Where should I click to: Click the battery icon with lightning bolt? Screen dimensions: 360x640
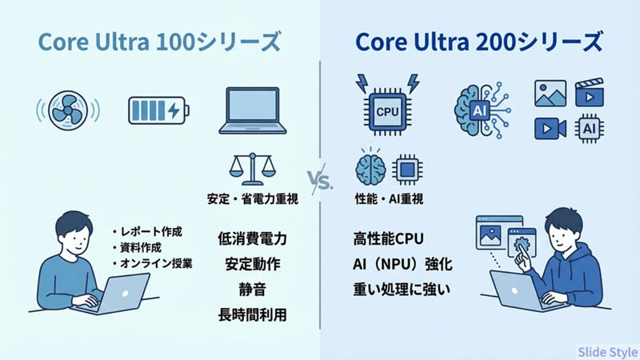(x=158, y=110)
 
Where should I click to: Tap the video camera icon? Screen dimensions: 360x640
(x=549, y=128)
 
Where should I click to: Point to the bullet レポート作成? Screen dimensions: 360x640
(x=147, y=232)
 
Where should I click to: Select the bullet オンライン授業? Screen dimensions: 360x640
(x=151, y=264)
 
